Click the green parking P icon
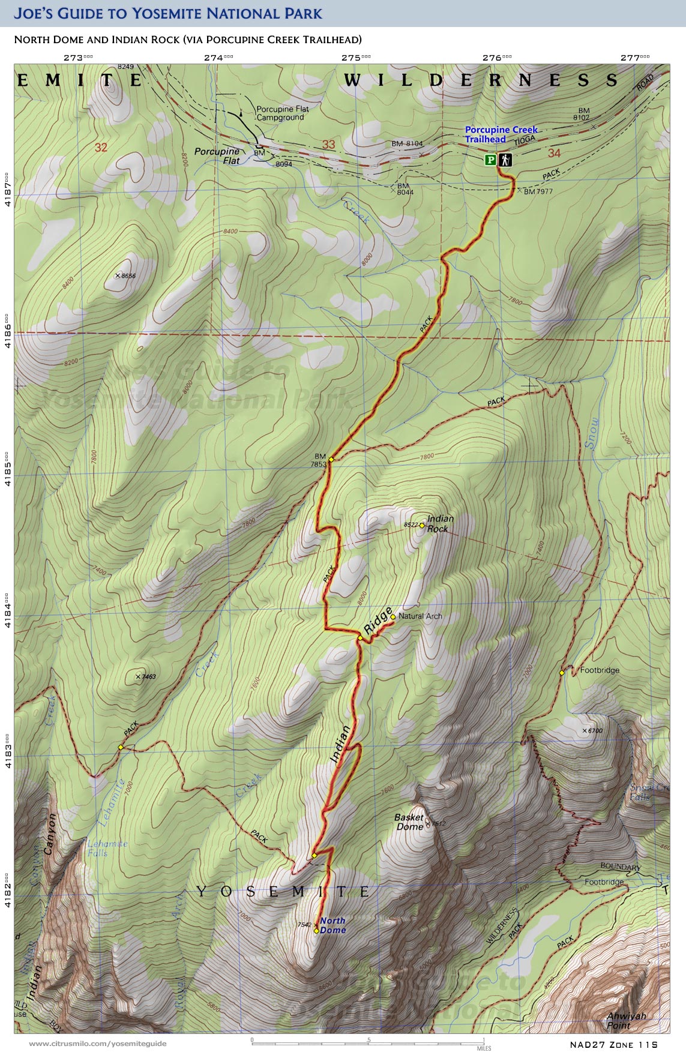click(490, 160)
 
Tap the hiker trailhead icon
click(505, 160)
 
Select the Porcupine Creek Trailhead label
click(501, 134)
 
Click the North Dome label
click(332, 925)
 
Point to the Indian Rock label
click(439, 523)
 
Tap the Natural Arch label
click(420, 616)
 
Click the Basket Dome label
click(409, 822)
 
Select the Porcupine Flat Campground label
click(282, 113)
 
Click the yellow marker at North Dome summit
click(316, 931)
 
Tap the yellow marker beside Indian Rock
click(422, 525)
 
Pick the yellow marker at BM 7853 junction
click(331, 459)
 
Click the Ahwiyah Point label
click(626, 1020)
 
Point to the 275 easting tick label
click(355, 58)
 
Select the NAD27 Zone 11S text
click(613, 1044)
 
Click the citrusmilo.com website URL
click(97, 1044)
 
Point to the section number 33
click(328, 144)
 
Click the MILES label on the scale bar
click(484, 1048)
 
